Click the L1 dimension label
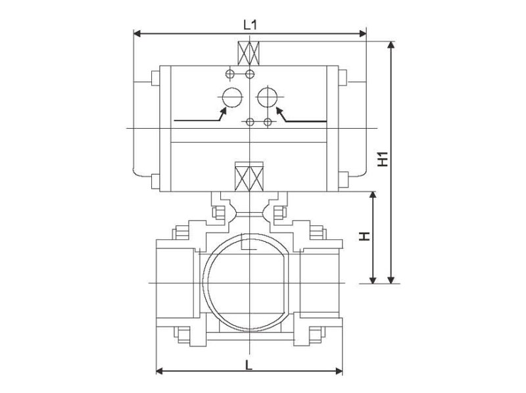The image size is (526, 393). [250, 24]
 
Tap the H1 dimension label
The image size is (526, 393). [383, 159]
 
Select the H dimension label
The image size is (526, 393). [364, 236]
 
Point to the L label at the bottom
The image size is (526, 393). [249, 365]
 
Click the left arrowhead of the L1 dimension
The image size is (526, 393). [137, 34]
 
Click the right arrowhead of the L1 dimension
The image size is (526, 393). [363, 34]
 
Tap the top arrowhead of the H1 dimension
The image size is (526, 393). [390, 45]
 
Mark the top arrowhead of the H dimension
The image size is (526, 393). [372, 196]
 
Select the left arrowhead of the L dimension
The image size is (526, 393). [160, 371]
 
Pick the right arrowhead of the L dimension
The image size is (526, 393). [339, 371]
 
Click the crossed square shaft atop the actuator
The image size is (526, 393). [249, 53]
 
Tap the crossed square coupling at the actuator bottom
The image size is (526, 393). [249, 177]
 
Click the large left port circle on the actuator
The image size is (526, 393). [232, 97]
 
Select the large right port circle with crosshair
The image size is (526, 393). [268, 97]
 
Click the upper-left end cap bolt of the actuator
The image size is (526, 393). [155, 78]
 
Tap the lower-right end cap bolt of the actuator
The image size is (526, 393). [343, 179]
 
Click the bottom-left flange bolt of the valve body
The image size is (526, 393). [183, 335]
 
